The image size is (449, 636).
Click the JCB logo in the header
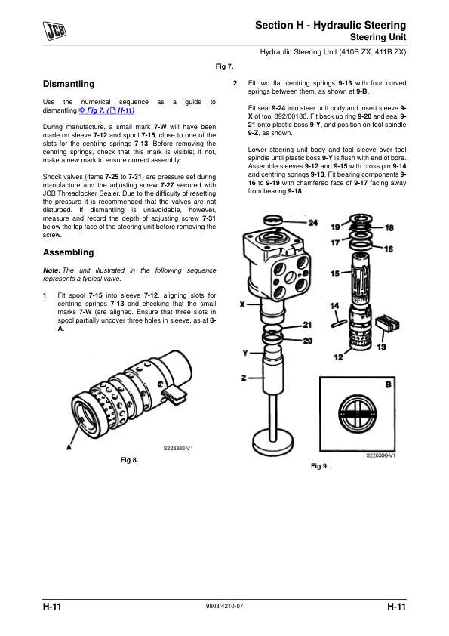[x=54, y=30]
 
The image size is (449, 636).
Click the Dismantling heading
[x=69, y=84]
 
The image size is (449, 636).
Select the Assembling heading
[x=68, y=252]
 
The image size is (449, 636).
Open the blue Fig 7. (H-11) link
[x=106, y=110]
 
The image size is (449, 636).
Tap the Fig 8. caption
[x=129, y=460]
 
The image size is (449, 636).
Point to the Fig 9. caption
[x=320, y=466]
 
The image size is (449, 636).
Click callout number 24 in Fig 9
[x=313, y=223]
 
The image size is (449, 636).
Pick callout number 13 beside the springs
[x=381, y=347]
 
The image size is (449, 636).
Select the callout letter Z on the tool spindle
[x=244, y=378]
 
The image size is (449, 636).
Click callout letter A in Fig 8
[x=69, y=447]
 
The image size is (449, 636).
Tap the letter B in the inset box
[x=388, y=384]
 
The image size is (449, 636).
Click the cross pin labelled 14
[x=339, y=323]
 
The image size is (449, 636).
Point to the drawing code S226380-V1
[x=178, y=448]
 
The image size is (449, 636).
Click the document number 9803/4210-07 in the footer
[x=225, y=606]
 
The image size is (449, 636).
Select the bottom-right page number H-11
[x=396, y=607]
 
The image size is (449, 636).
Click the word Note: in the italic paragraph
[x=52, y=270]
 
